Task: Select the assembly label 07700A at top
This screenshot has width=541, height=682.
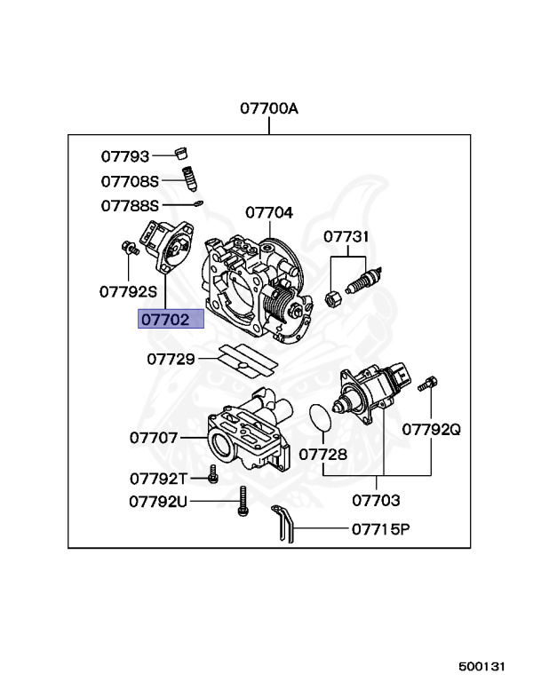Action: point(268,109)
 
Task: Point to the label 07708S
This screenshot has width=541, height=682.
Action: point(129,181)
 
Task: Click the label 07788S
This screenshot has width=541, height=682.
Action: point(129,205)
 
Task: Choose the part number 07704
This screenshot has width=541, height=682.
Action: point(269,213)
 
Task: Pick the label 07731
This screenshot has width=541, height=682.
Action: point(346,237)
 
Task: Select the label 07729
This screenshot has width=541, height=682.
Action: point(171,359)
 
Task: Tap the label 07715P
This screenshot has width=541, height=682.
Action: point(380,530)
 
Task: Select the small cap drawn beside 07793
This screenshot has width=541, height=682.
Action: point(184,150)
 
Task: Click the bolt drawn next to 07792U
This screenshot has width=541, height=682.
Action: point(242,503)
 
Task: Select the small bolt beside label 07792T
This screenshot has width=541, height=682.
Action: point(213,474)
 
